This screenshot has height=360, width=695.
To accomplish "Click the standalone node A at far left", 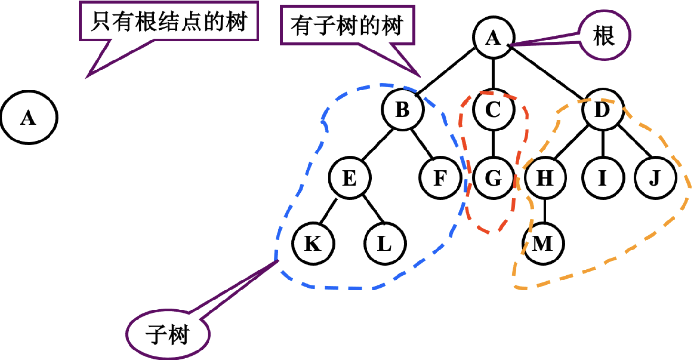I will coord(29,117).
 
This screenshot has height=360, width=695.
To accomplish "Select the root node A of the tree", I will coord(494,38).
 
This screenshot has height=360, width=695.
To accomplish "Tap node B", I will coord(402,110).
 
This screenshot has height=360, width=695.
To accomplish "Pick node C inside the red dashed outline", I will coord(494,110).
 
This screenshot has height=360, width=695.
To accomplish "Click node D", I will coord(603,110).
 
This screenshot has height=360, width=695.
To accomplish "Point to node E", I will coord(350,179).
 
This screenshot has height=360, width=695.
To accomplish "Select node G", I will coord(494,179).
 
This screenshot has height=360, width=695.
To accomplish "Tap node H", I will coord(546,179).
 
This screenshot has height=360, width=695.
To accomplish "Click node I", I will coord(603,179).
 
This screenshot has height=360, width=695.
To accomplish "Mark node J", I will coord(655,179).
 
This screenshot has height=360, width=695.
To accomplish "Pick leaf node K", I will coord(313,244).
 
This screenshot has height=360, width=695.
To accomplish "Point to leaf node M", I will coord(543,244).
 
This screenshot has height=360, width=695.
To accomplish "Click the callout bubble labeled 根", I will coord(604,37).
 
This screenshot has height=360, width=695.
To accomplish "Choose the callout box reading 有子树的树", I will coord(347,26).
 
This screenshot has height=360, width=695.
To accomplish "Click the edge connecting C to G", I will coord(494,144).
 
